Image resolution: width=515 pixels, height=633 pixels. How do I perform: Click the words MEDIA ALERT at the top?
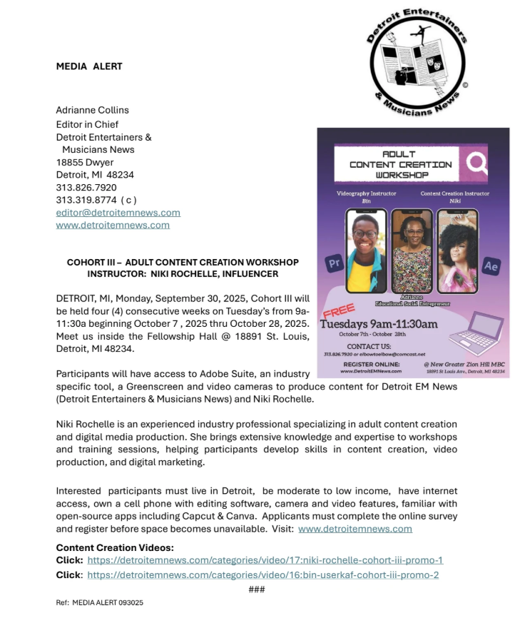click(89, 66)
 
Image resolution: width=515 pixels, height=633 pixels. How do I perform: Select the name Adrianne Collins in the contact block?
click(92, 110)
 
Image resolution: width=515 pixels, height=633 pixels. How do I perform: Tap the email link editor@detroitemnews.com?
click(118, 213)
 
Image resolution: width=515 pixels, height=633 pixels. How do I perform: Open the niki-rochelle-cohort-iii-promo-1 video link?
click(265, 560)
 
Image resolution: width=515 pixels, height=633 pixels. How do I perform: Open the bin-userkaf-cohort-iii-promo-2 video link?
click(262, 574)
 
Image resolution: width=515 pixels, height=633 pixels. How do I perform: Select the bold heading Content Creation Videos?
click(114, 547)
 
